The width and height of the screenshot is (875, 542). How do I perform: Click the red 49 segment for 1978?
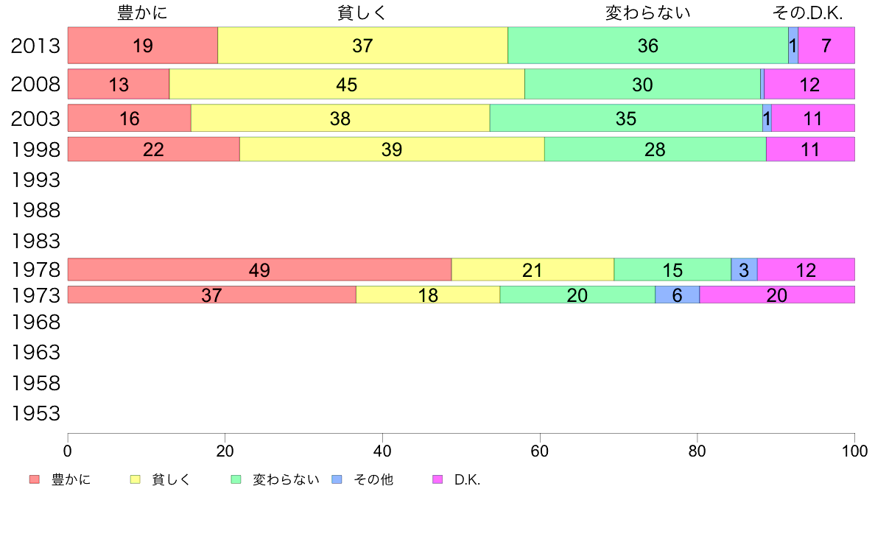[259, 270]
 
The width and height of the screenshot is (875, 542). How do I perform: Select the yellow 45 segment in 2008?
[347, 84]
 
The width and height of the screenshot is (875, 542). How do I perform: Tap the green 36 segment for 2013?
[648, 46]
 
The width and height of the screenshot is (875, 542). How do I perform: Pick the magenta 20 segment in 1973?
[776, 295]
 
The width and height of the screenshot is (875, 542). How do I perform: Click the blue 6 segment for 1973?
[677, 295]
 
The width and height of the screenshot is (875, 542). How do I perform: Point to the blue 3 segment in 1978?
[744, 270]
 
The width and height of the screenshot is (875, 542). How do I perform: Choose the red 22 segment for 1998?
[153, 149]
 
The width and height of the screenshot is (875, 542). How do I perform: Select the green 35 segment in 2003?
[626, 118]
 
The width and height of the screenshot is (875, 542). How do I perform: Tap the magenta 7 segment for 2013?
[826, 46]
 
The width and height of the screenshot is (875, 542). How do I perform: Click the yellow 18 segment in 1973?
[428, 295]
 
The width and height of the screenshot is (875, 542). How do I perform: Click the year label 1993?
[35, 180]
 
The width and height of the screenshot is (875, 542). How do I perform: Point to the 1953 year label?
[35, 414]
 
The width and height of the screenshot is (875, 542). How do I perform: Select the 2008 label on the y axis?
[35, 84]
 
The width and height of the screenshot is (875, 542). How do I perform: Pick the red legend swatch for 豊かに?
[34, 479]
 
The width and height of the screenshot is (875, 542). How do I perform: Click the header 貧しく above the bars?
[362, 13]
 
